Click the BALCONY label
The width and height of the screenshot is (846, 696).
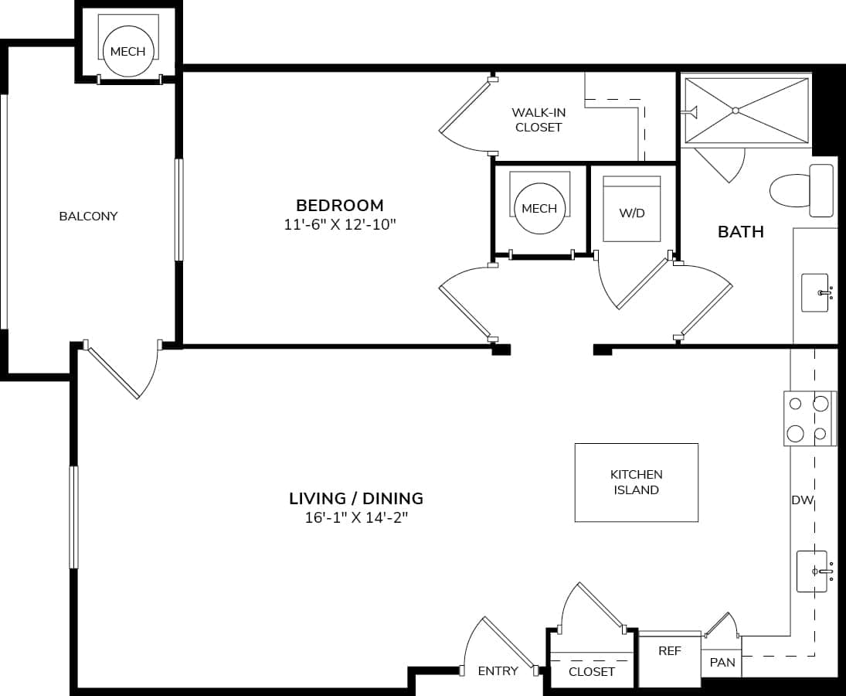(x=88, y=216)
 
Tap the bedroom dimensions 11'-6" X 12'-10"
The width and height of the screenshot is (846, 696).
(x=339, y=225)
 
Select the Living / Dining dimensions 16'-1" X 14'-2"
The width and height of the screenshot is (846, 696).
(x=355, y=518)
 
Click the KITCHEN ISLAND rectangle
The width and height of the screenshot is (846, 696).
(x=636, y=482)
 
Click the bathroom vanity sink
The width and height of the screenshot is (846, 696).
(x=815, y=292)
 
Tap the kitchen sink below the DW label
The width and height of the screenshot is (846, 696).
(x=812, y=571)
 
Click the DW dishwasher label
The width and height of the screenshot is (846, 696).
(x=802, y=500)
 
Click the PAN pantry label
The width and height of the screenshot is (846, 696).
(x=722, y=663)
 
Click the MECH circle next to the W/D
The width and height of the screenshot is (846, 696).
(x=539, y=208)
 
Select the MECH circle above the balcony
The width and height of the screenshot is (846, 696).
(x=127, y=51)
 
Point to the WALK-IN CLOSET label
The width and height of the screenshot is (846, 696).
(x=539, y=120)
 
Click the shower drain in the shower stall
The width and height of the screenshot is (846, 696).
(x=736, y=110)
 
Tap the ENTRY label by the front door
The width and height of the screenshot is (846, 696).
(x=498, y=670)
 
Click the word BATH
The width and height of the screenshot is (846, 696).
(x=740, y=231)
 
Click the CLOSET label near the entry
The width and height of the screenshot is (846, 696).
(x=591, y=671)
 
